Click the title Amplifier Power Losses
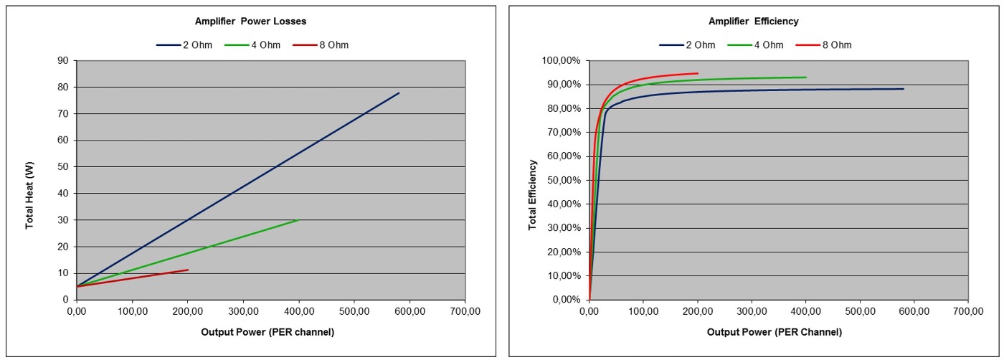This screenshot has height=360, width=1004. click(250, 22)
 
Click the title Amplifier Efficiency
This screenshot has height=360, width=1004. click(753, 22)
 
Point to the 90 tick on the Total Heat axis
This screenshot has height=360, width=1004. click(62, 61)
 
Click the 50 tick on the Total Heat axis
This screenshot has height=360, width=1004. click(62, 167)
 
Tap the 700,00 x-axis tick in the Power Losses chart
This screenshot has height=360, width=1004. click(465, 311)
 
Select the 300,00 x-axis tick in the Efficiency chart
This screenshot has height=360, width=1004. click(752, 311)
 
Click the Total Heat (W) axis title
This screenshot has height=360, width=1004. click(30, 194)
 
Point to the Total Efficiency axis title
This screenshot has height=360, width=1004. click(533, 195)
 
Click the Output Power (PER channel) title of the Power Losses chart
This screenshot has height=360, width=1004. click(267, 332)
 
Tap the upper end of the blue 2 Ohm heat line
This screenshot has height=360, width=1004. click(399, 93)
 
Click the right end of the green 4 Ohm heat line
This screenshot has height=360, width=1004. click(299, 219)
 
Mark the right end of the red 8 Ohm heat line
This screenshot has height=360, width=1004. click(188, 270)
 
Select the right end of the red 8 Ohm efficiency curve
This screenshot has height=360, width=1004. click(698, 73)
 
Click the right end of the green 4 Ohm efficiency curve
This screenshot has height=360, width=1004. click(806, 77)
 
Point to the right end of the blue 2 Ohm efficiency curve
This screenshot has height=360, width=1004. click(904, 89)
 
